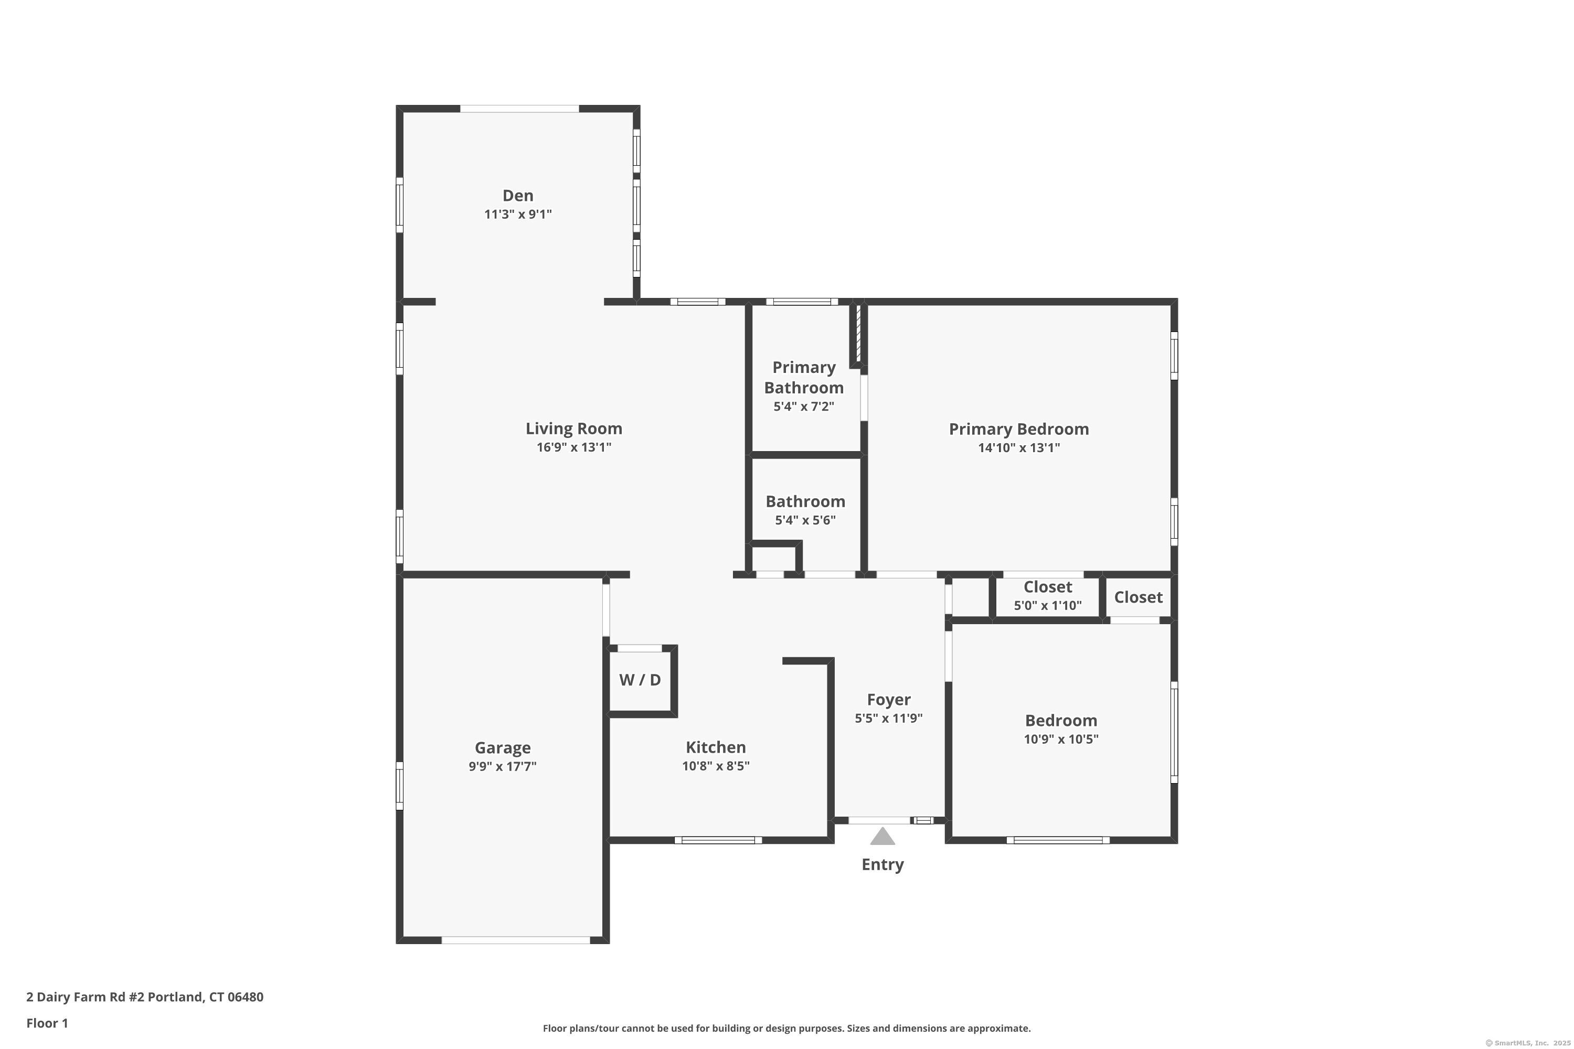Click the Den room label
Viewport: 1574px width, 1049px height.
point(517,195)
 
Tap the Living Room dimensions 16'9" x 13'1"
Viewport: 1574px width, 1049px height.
point(573,447)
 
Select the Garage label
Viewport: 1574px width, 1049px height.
point(503,747)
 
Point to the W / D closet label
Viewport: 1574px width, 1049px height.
point(640,680)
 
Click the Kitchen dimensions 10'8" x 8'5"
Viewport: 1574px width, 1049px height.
point(716,765)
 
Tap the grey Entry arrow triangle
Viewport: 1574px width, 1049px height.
point(882,837)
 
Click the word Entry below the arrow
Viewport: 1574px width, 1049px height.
point(882,864)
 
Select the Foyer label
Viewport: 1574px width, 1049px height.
point(888,699)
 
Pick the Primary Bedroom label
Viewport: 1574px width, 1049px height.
point(1018,429)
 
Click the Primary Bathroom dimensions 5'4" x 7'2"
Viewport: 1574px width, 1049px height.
point(803,406)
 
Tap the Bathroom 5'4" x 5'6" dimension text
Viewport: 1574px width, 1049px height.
point(805,520)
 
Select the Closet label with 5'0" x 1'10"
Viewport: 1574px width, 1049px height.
point(1047,587)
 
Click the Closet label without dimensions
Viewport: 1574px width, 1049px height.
point(1137,597)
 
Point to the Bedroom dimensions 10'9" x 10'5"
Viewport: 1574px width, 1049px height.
point(1061,738)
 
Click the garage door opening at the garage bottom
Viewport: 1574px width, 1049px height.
point(515,940)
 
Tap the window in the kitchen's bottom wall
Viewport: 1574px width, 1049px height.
point(717,840)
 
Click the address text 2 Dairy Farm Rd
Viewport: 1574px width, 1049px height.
point(145,997)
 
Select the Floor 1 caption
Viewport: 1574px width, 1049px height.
point(47,1023)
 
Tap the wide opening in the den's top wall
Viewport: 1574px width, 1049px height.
point(519,109)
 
